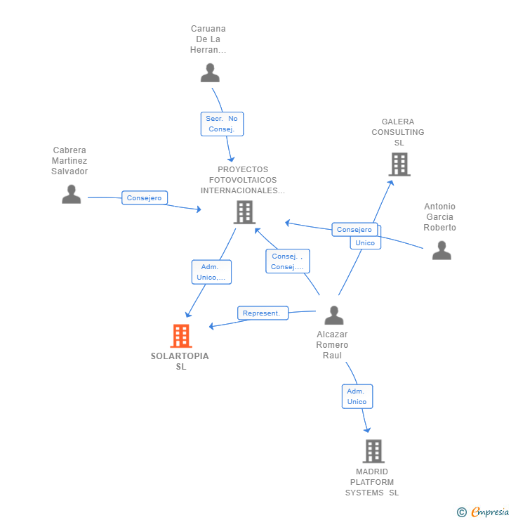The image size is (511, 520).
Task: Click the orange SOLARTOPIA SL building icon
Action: (x=181, y=336)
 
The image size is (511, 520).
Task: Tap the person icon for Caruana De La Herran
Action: (x=210, y=72)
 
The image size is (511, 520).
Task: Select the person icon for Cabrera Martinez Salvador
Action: (x=72, y=194)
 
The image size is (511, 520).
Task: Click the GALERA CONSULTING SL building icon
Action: (x=399, y=164)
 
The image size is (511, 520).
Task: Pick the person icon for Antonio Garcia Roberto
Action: (x=442, y=250)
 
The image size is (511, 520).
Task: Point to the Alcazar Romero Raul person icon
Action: (x=334, y=316)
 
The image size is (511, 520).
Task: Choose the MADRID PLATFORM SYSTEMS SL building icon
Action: (x=373, y=451)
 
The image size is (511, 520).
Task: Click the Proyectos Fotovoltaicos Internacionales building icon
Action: (x=244, y=212)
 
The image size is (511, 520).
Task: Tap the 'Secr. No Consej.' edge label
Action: (x=223, y=124)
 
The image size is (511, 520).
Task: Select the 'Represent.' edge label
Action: (x=263, y=313)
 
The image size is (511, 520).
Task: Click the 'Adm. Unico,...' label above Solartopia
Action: (x=211, y=272)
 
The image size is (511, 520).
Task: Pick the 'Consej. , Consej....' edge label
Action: (x=287, y=261)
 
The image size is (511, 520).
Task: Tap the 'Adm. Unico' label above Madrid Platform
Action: (x=357, y=396)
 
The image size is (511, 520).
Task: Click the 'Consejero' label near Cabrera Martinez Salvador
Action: (x=145, y=198)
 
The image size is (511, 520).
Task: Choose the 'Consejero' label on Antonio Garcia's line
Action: (x=354, y=230)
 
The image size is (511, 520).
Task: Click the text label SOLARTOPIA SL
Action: (x=180, y=361)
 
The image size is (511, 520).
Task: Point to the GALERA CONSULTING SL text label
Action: (x=398, y=132)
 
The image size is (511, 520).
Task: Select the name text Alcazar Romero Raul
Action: (x=332, y=345)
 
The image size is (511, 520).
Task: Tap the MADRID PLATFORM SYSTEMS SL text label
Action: (x=372, y=482)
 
